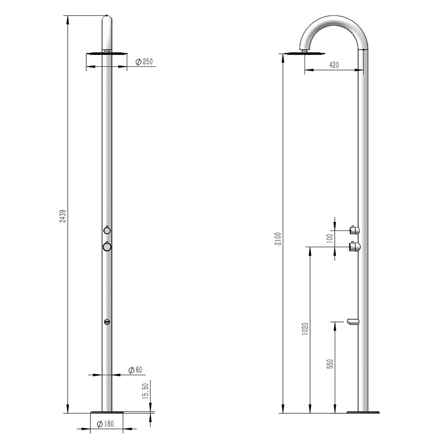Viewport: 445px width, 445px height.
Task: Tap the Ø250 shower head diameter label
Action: coord(144,62)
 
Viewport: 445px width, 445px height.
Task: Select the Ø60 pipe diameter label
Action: coord(135,370)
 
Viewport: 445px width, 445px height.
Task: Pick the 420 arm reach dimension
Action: coord(334,65)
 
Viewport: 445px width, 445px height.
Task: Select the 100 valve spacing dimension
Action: coord(329,238)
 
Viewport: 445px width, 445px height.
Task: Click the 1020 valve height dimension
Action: coord(305,329)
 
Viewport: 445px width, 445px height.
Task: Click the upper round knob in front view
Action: coord(107,230)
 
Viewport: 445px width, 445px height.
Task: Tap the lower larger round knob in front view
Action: coord(107,247)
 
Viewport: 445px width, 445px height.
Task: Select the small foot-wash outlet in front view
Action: coord(107,322)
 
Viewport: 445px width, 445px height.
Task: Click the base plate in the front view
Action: coord(107,413)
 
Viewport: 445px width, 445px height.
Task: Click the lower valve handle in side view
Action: coord(355,247)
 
